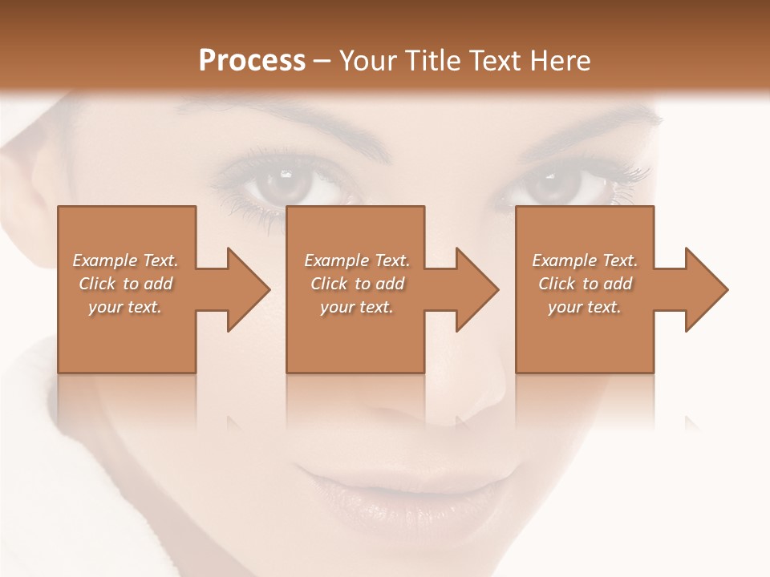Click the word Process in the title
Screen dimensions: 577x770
click(x=252, y=61)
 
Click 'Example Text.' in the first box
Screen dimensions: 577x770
click(x=125, y=260)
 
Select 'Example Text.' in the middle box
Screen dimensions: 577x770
click(x=357, y=260)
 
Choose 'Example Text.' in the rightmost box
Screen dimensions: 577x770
click(x=585, y=260)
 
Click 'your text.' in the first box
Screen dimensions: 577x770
click(x=125, y=307)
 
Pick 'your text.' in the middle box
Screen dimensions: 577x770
click(x=357, y=307)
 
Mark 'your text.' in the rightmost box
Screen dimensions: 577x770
click(x=585, y=307)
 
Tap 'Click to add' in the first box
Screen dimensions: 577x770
click(x=125, y=284)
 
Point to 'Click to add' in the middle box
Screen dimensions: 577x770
click(x=357, y=284)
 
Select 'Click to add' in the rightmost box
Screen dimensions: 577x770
click(x=585, y=284)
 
